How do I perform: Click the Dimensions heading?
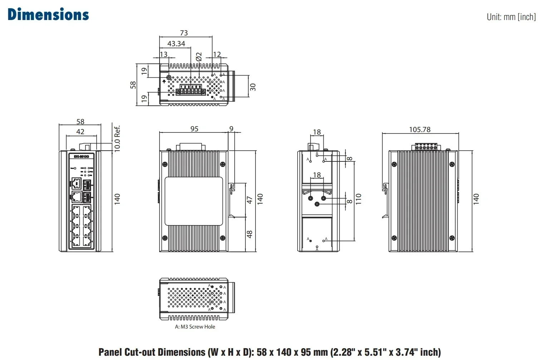coord(48,15)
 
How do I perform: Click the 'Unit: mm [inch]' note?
coord(511,17)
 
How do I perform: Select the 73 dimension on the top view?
coord(184,33)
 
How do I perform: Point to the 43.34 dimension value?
coord(176,44)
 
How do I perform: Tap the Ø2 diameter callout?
coord(199,57)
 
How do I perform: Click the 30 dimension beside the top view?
coord(253,87)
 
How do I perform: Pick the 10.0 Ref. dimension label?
coord(117,138)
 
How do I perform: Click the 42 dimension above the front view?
coord(80,132)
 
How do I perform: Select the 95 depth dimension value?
coord(194,129)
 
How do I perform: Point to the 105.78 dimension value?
coord(420,130)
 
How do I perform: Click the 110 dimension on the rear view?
coord(358,199)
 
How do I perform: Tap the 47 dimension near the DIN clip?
coord(250,200)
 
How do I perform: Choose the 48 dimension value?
coord(250,234)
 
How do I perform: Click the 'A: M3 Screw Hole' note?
coord(195,327)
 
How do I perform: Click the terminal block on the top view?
coord(191,92)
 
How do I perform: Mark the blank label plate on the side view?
coord(194,201)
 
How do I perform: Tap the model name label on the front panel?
coord(81,157)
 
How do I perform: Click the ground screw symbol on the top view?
coord(169,78)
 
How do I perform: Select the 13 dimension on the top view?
coord(163,54)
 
